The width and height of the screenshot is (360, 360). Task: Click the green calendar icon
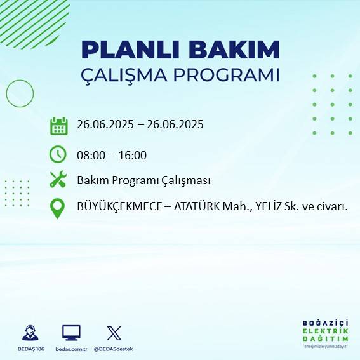coord(58,126)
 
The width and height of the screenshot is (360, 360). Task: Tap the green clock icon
coord(58,154)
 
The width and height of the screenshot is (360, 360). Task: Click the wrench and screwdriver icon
coord(58,180)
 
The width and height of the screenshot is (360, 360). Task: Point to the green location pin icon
coord(58,208)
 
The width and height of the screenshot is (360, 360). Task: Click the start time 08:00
coord(90,155)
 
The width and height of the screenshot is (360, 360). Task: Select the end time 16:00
coord(133,155)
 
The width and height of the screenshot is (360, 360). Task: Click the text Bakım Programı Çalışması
coord(143,180)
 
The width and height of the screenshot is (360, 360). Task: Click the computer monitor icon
coord(71,333)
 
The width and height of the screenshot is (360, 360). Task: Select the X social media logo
coord(114,333)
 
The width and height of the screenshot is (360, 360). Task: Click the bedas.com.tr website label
coord(70,349)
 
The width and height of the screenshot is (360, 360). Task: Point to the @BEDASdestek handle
coord(114,349)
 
